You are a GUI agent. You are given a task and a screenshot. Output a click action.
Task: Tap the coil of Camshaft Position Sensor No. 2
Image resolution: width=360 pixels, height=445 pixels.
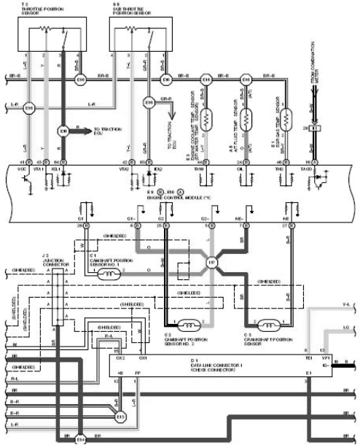pyautogui.click(x=191, y=325)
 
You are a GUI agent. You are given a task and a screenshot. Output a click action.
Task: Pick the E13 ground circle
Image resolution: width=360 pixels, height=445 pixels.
pyautogui.click(x=120, y=417)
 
